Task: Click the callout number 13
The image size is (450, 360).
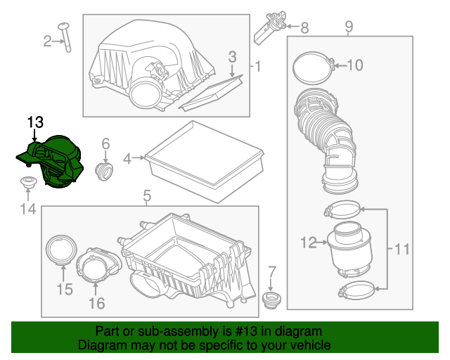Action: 35,122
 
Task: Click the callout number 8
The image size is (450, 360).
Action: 304,28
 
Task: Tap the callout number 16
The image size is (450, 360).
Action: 96,304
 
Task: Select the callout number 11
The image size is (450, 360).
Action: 401,248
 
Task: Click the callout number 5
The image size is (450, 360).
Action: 147,195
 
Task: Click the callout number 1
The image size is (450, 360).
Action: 257,67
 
